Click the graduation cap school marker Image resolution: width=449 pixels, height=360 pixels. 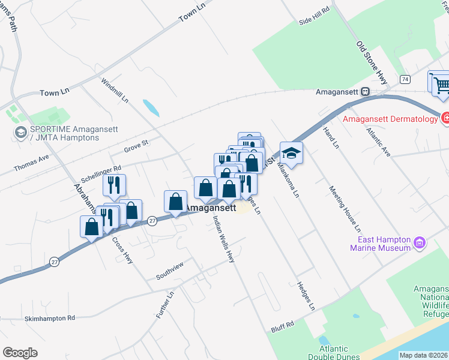tap(291, 153)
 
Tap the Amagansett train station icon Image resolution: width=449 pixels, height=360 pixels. tap(364, 92)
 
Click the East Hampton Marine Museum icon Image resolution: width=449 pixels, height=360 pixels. tap(420, 243)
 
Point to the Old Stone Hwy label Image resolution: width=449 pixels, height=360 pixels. tap(372, 61)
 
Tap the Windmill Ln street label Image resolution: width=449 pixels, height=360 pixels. tap(115, 90)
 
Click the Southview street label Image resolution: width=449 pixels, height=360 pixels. tap(169, 270)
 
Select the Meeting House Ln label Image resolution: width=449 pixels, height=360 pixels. tap(345, 208)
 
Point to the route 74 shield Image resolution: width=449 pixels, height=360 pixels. tap(406, 79)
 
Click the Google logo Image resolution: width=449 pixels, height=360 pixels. tap(20, 353)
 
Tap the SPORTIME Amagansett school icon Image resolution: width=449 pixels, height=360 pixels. tap(20, 133)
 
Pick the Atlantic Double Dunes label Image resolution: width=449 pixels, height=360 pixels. tap(333, 353)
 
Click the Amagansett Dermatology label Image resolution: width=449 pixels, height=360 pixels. tap(390, 119)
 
